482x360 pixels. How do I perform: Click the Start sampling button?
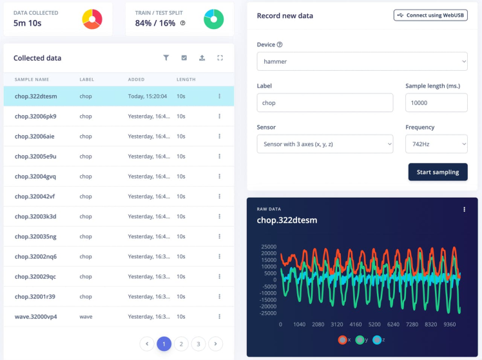(x=438, y=172)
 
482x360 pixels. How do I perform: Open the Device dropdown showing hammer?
(x=361, y=62)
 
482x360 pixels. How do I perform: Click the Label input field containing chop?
(x=325, y=102)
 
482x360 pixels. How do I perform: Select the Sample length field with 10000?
(x=436, y=102)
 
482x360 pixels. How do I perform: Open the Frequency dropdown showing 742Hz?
(x=436, y=144)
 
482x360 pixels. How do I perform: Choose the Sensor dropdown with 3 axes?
(x=325, y=144)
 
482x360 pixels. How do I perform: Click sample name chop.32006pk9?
(x=35, y=117)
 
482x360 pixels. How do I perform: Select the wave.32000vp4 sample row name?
(x=36, y=317)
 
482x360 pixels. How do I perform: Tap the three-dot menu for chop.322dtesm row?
(x=220, y=97)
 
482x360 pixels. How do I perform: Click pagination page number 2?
(x=182, y=344)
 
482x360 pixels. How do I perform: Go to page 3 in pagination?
(x=199, y=344)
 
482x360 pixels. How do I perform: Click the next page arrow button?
(x=217, y=344)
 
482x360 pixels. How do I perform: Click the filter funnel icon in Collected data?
(x=166, y=58)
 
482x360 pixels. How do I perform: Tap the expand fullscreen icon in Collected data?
(x=220, y=58)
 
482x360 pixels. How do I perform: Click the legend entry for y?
(x=360, y=339)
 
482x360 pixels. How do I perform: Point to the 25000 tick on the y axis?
(x=268, y=247)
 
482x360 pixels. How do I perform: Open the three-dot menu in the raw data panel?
(x=465, y=209)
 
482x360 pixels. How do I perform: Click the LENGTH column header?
(x=186, y=79)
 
